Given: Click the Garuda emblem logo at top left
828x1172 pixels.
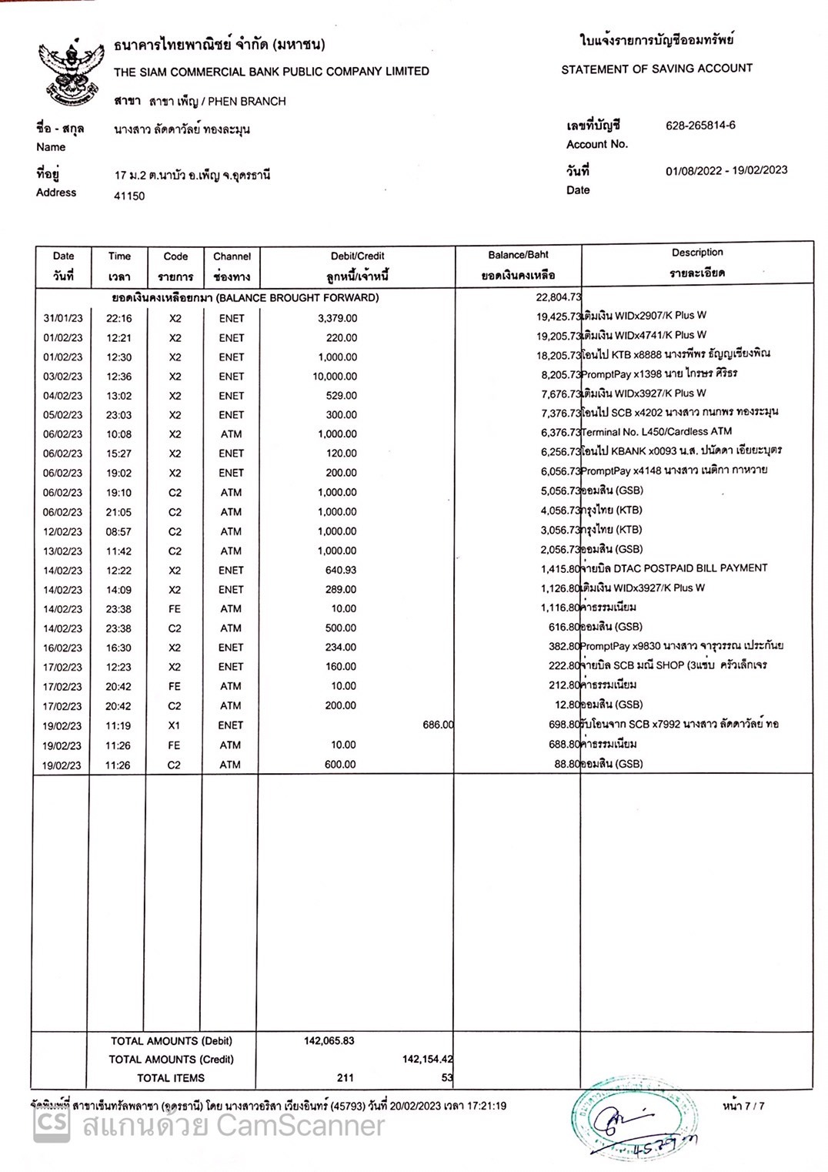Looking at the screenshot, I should coord(71,75).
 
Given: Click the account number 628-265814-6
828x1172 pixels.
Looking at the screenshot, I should coord(700,125).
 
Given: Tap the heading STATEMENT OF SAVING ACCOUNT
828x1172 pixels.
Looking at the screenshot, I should coord(656,69).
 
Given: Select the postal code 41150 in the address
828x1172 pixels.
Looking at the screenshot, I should coord(129,196).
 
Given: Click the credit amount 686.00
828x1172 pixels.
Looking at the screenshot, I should coord(438,725).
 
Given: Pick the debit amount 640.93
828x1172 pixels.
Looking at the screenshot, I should coord(341,570).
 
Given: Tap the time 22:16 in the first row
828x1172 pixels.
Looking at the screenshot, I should coord(119,318).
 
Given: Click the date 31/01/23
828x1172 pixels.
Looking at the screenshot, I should coord(63,318).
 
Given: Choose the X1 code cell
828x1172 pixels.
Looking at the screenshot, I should coord(175,725).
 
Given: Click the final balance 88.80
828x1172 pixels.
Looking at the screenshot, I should coord(566,764).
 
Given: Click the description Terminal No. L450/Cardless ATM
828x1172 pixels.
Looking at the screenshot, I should coord(656,432).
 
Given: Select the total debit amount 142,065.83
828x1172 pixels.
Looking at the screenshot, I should coord(329,1040).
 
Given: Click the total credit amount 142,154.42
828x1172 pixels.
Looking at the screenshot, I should coord(427,1060).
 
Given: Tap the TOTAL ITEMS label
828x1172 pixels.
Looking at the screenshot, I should coord(171,1078).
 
